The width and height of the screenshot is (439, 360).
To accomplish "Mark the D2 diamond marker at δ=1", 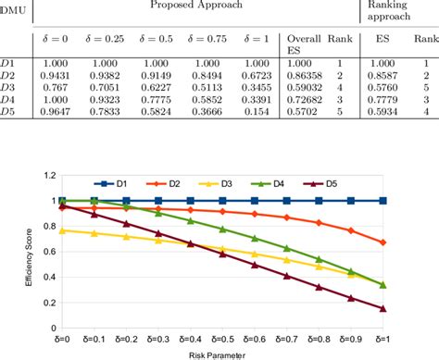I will (x=383, y=242).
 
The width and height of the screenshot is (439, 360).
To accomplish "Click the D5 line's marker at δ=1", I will (x=383, y=309).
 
